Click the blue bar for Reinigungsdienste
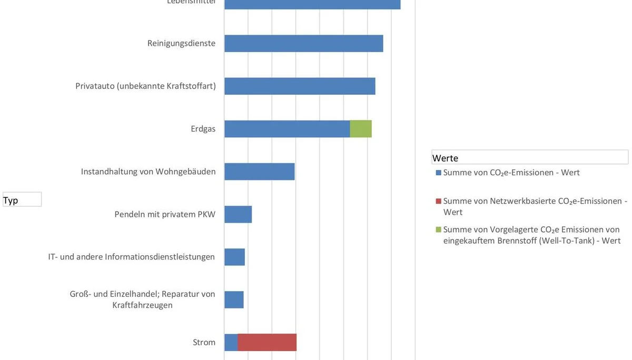(x=303, y=44)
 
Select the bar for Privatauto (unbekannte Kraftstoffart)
(x=300, y=86)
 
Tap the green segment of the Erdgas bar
(x=361, y=129)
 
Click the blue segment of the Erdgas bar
(x=287, y=129)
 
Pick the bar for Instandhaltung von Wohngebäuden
(x=259, y=172)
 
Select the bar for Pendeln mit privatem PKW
(x=238, y=214)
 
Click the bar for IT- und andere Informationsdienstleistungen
(x=234, y=257)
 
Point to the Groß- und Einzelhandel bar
(x=234, y=299)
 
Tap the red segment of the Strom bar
(x=267, y=342)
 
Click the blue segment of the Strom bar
(x=231, y=342)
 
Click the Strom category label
(x=204, y=343)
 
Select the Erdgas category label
(x=203, y=129)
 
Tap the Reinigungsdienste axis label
(x=181, y=43)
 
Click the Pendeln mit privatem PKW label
(x=165, y=215)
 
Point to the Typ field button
(x=22, y=200)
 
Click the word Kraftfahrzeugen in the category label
(x=142, y=305)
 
